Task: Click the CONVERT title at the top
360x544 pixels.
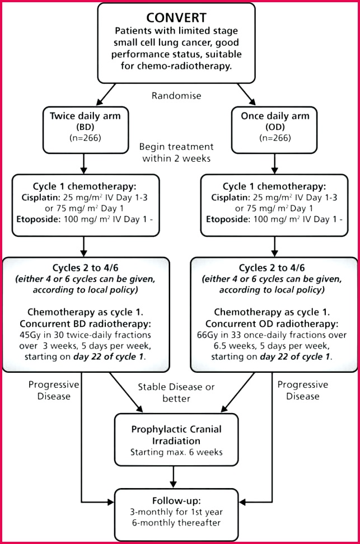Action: [x=176, y=18]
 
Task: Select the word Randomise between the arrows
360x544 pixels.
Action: [x=176, y=96]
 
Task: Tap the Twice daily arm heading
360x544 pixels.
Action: [x=85, y=116]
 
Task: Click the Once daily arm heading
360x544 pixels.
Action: [x=275, y=116]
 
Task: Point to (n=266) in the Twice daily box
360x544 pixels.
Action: [x=86, y=138]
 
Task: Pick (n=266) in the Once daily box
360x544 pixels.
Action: [x=275, y=138]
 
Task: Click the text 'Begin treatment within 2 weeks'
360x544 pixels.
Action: [x=176, y=152]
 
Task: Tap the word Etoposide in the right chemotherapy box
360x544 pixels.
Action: [x=228, y=219]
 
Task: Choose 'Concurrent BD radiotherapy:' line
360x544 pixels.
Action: [x=86, y=323]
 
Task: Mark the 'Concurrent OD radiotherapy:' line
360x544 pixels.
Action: [x=272, y=323]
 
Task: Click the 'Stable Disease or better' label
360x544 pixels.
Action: [x=176, y=392]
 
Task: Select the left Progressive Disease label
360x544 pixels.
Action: [x=54, y=390]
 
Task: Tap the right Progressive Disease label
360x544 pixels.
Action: [x=303, y=390]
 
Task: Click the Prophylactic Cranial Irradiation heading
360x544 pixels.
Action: [x=176, y=435]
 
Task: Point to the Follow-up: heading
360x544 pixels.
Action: [x=176, y=501]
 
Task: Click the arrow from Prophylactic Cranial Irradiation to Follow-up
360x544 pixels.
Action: [x=173, y=477]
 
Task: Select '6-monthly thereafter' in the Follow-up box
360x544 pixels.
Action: [x=176, y=523]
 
